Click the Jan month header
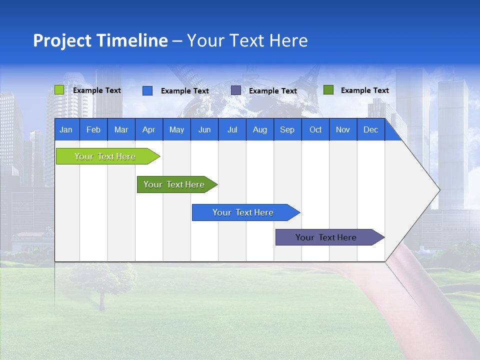(x=66, y=129)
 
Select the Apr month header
(x=149, y=129)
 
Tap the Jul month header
(x=232, y=129)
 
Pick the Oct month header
(x=315, y=129)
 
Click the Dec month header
(x=370, y=129)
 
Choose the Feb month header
(x=93, y=129)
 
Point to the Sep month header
(x=287, y=129)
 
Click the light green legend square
(x=59, y=90)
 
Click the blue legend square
(x=147, y=90)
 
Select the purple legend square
(x=235, y=90)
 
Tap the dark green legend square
(x=328, y=90)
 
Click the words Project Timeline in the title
(x=100, y=40)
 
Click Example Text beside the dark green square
(x=364, y=90)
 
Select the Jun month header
(x=204, y=129)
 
